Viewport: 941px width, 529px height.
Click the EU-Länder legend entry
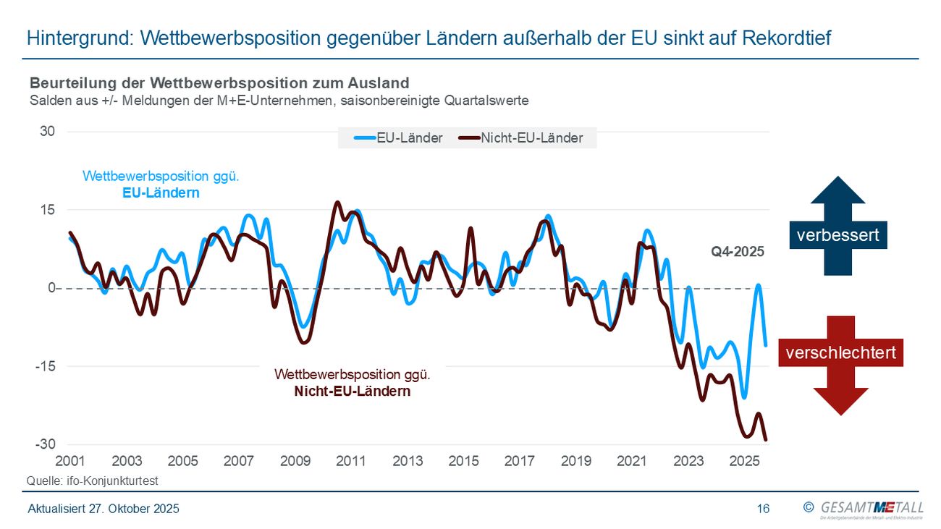(x=399, y=138)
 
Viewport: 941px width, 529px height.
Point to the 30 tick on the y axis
(x=48, y=132)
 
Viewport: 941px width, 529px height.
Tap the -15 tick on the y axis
(x=45, y=367)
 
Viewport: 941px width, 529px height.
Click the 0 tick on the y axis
(x=51, y=289)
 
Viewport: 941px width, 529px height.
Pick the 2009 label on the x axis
(x=295, y=461)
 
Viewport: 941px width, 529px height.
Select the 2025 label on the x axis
(x=745, y=461)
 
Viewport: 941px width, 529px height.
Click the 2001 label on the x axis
(x=70, y=461)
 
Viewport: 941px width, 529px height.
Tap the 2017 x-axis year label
(x=520, y=461)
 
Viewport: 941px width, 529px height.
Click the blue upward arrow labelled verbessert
(x=838, y=227)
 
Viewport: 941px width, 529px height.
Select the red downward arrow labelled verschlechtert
(x=840, y=365)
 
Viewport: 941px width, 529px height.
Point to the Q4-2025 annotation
(x=738, y=253)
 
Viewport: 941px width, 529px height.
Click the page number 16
(x=763, y=509)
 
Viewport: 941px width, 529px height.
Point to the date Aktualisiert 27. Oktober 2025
(x=104, y=509)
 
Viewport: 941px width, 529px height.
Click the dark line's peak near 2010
(x=337, y=203)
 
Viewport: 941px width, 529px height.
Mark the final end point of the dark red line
(x=766, y=439)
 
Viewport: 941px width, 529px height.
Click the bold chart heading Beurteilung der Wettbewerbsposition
(x=219, y=83)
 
